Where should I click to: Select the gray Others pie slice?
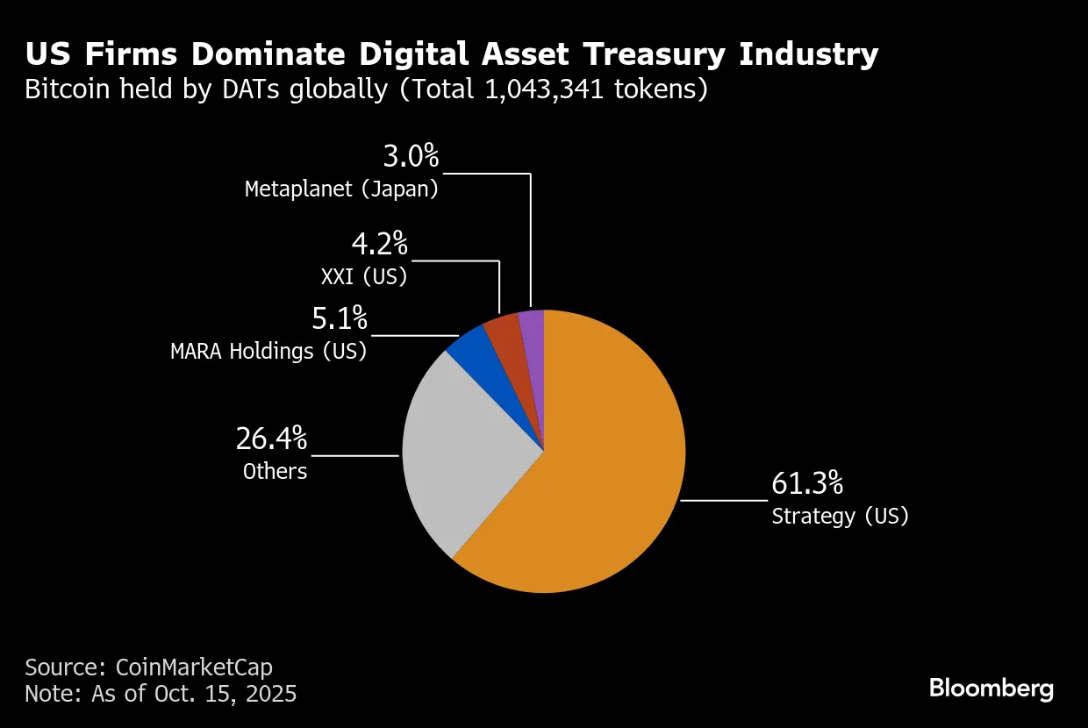(x=465, y=456)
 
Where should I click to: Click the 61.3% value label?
(x=806, y=483)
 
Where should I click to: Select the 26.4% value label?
(x=271, y=439)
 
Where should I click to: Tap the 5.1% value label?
(x=340, y=318)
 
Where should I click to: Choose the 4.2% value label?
(x=380, y=244)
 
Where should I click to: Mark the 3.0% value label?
(x=411, y=157)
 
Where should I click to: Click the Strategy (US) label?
(x=840, y=516)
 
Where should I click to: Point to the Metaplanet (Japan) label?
(x=341, y=189)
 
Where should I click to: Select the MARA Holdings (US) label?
(x=268, y=352)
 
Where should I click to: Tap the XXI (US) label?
(x=364, y=276)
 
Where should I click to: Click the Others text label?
(x=275, y=471)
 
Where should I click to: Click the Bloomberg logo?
(x=991, y=689)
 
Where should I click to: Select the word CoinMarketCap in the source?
(x=200, y=667)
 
